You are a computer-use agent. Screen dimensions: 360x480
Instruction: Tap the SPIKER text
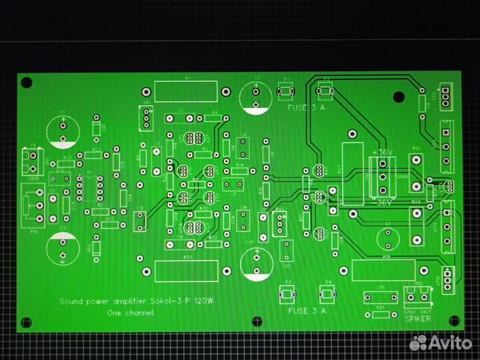tap(417, 319)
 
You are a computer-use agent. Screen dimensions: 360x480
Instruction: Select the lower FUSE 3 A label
tap(307, 311)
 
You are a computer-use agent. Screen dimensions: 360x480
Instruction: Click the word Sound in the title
tap(71, 301)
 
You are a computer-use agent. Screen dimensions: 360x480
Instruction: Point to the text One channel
tap(131, 313)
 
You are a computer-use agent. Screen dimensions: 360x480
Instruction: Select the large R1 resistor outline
tap(188, 91)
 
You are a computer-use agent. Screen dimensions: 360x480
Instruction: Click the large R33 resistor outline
tap(187, 270)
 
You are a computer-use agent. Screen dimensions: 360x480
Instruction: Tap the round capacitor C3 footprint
tap(256, 95)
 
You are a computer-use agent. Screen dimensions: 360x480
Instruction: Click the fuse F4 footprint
tap(329, 294)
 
